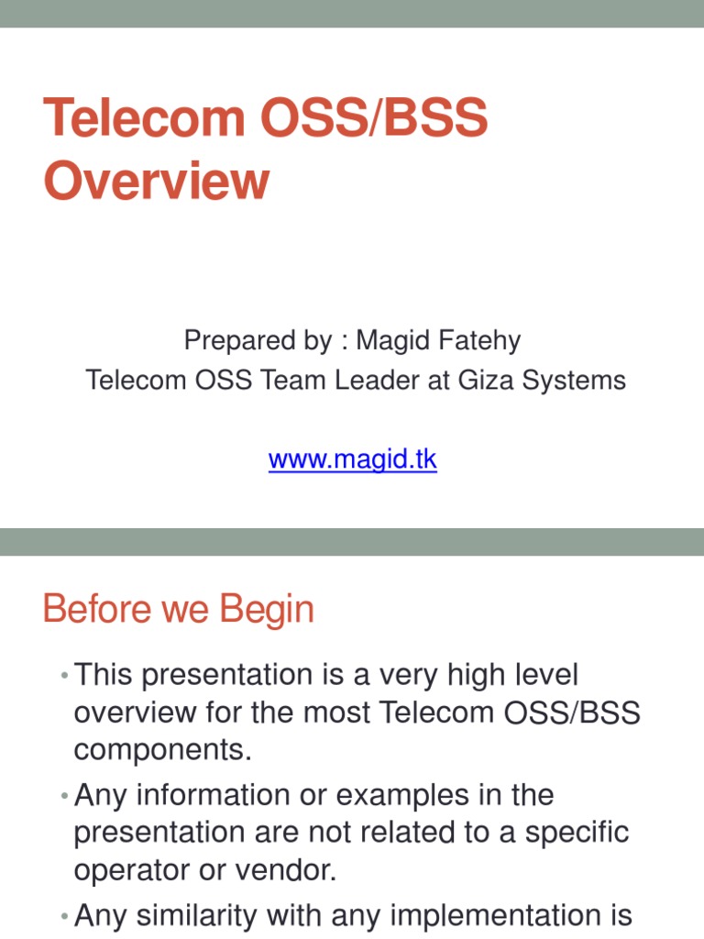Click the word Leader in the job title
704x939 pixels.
[x=373, y=380]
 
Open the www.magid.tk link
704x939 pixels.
[x=352, y=458]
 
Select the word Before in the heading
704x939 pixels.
[x=99, y=610]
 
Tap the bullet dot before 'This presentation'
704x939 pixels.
[x=64, y=676]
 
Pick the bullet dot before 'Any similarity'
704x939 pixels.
[x=64, y=916]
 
